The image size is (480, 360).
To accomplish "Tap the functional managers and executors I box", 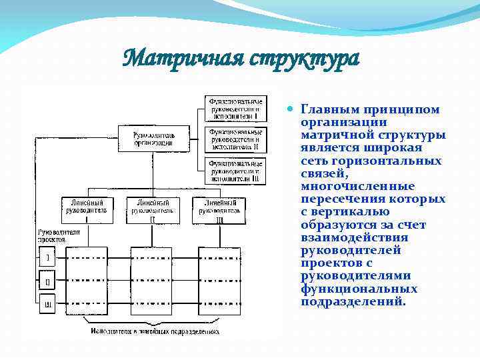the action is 234,108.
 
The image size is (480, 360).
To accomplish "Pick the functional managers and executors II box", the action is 235,139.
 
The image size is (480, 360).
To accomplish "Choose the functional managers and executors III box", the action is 235,170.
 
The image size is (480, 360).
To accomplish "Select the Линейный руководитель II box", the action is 153,209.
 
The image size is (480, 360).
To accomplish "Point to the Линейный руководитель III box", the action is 220,209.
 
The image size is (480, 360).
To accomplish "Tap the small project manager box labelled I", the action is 47,257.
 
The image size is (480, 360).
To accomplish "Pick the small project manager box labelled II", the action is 47,281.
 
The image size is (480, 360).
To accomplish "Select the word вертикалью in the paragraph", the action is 356,212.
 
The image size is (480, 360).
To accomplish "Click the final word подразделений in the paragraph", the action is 353,301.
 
